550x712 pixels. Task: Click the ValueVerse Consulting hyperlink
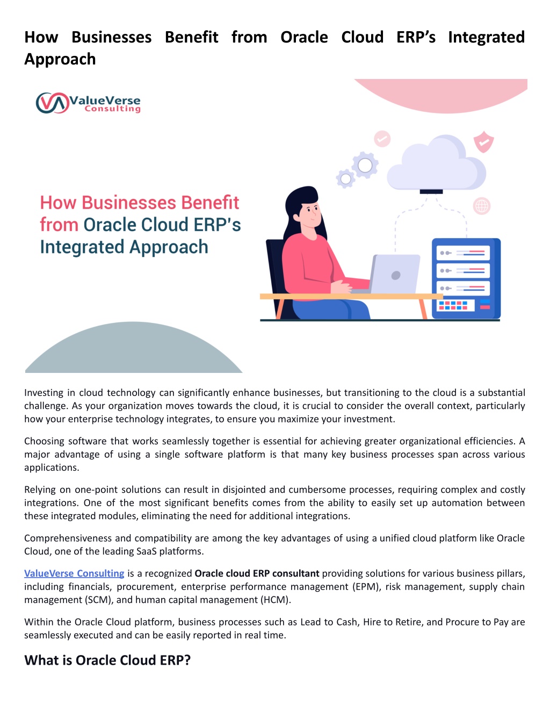point(74,573)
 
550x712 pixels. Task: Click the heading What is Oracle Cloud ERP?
point(107,660)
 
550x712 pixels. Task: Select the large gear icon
point(365,165)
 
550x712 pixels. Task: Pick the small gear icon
point(346,178)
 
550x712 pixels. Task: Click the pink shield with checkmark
point(483,141)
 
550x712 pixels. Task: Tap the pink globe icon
point(482,206)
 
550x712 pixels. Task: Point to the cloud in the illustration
point(436,164)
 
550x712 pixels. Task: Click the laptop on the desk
point(389,274)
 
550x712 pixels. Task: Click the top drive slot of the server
point(463,253)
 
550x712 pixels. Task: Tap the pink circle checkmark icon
point(382,139)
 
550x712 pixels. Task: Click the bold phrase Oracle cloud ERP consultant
point(257,573)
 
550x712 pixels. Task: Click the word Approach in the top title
point(60,59)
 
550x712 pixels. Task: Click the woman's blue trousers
point(331,309)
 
